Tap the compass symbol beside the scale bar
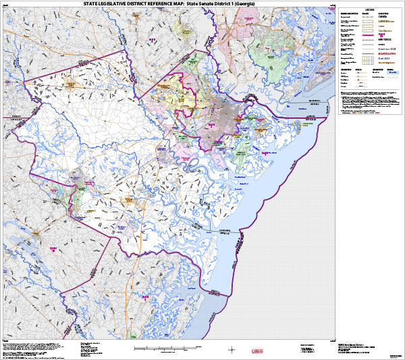(x=232, y=349)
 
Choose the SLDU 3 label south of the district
(x=144, y=295)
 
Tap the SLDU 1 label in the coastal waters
(x=265, y=154)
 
